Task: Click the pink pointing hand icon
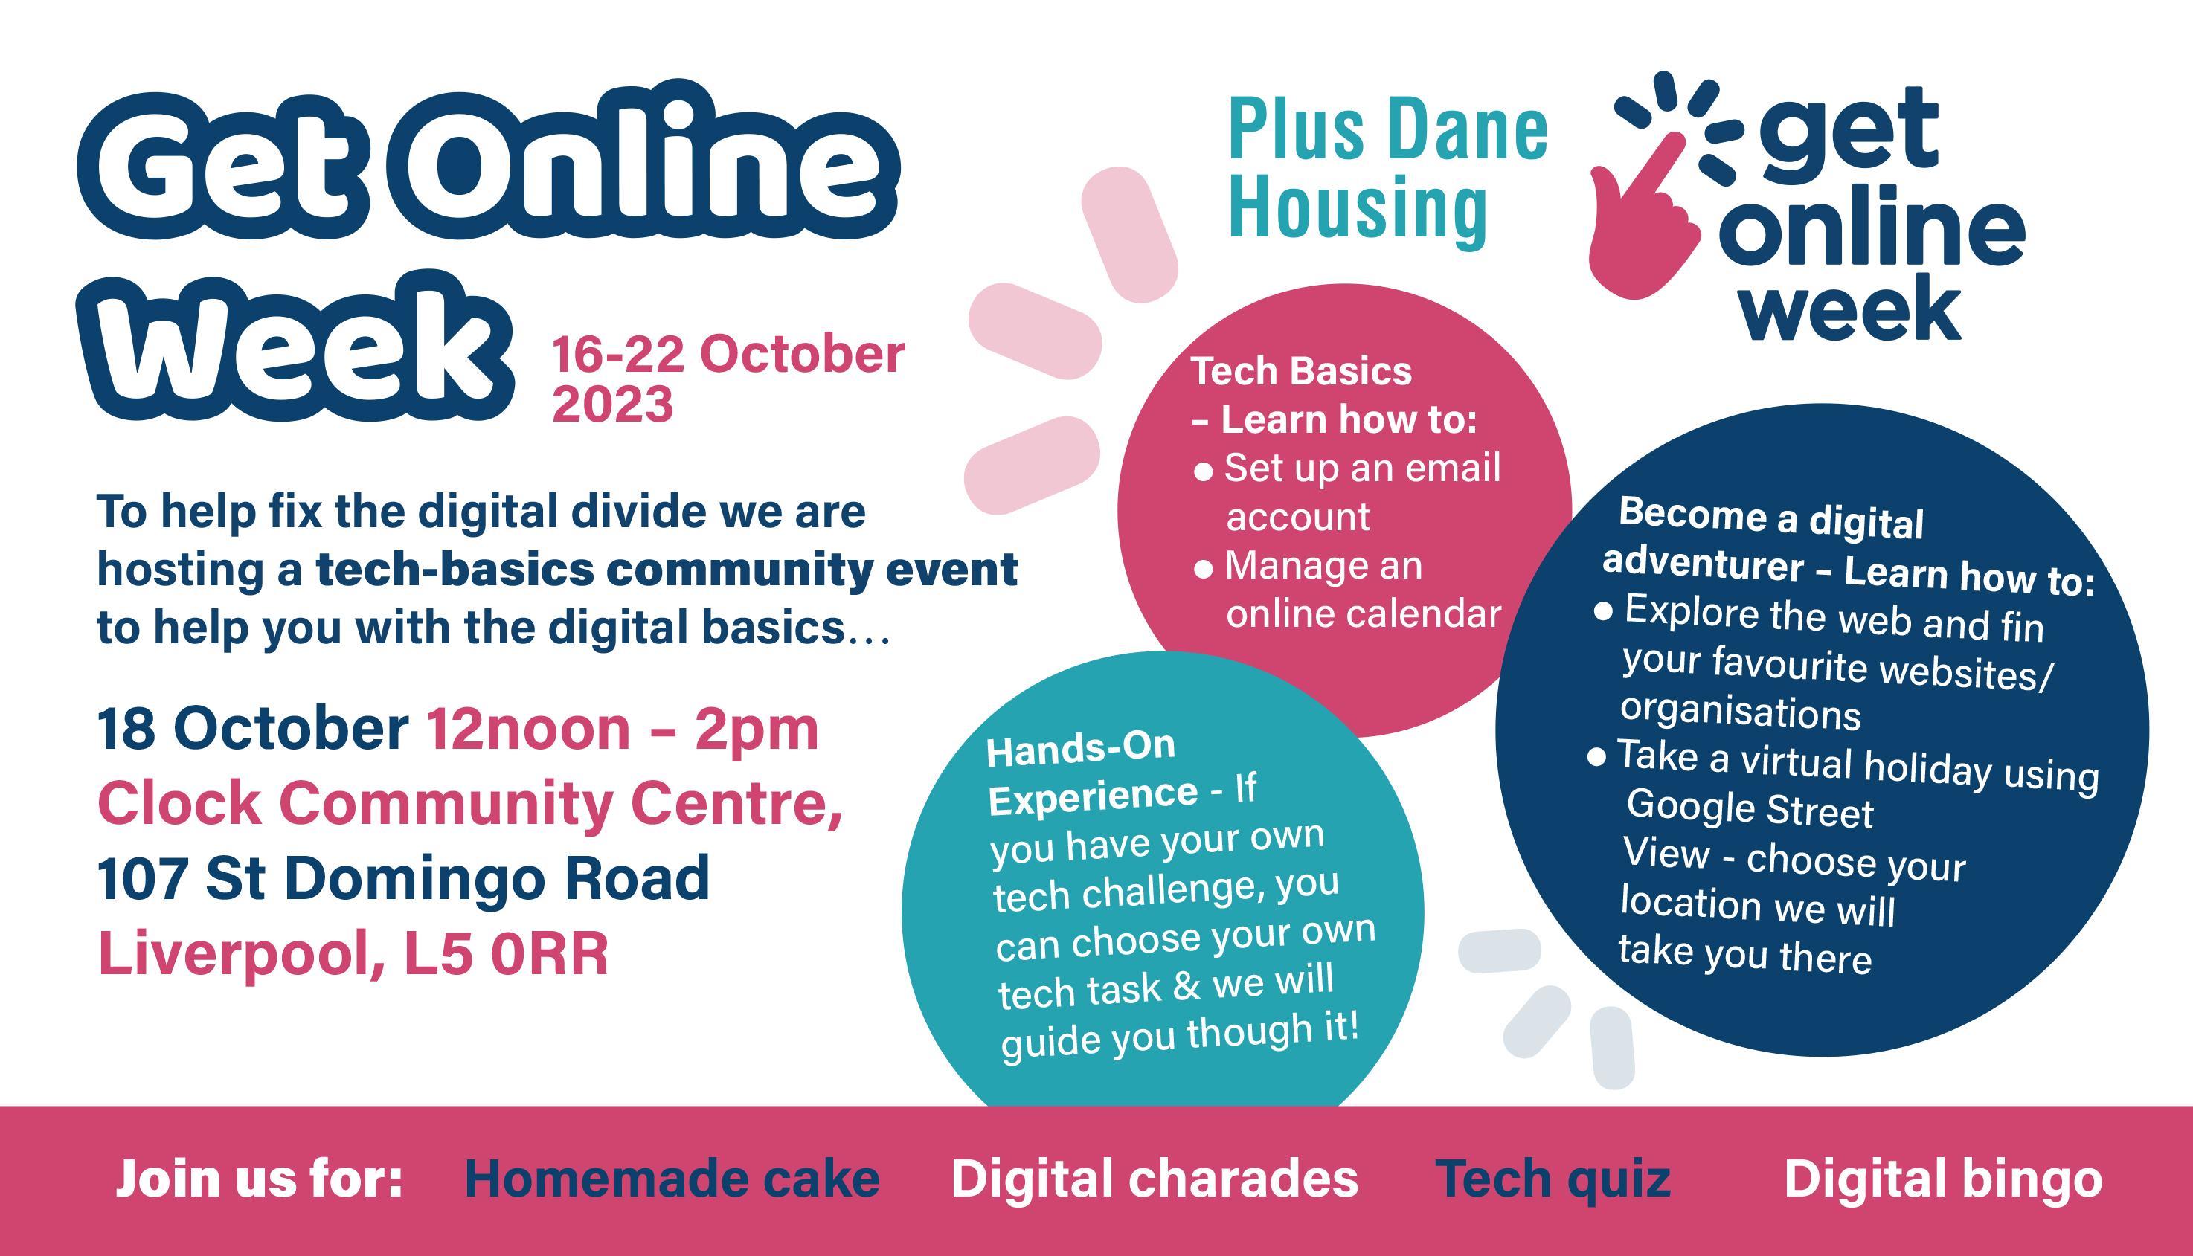(1639, 220)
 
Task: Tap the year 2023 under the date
(612, 404)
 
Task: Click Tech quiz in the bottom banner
(1552, 1180)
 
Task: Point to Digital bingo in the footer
(1943, 1180)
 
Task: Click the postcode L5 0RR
(507, 954)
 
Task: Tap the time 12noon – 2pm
(622, 729)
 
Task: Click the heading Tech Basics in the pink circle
(1301, 371)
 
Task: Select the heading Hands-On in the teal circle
(1081, 748)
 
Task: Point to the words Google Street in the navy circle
(1750, 809)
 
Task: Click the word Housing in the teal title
(1358, 209)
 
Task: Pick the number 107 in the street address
(142, 878)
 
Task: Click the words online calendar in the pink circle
(1364, 613)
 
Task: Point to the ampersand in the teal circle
(1187, 986)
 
